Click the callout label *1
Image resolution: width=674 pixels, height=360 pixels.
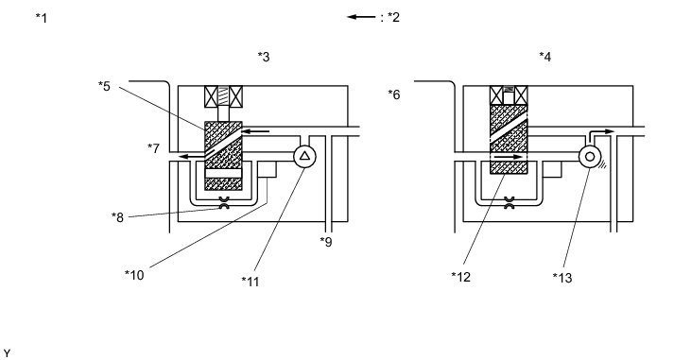point(42,18)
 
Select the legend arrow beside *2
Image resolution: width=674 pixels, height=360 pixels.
point(361,17)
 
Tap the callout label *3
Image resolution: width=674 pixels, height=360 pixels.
point(264,57)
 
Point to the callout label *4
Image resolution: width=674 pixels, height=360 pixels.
point(545,57)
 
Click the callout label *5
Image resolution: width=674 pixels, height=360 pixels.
point(104,86)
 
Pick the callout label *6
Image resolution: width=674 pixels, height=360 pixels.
point(394,94)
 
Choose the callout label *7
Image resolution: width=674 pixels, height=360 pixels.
point(153,148)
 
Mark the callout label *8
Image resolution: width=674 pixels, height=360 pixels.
point(117,218)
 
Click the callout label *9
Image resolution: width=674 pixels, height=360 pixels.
point(326,242)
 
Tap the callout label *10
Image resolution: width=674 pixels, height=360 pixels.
point(134,275)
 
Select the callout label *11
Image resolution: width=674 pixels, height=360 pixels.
point(251,282)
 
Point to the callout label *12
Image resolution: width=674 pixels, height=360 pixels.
point(461,277)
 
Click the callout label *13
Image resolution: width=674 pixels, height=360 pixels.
point(562,278)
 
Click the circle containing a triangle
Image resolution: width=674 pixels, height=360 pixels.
point(304,156)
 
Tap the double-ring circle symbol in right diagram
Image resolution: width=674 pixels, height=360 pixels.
point(590,157)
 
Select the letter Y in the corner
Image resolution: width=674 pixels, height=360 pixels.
point(7,353)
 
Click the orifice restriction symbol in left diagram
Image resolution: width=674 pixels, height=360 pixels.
point(223,203)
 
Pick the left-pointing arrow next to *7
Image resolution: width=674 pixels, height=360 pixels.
point(191,156)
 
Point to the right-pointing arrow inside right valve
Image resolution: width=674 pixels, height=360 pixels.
point(509,157)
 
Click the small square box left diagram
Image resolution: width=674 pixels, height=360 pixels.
point(267,169)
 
